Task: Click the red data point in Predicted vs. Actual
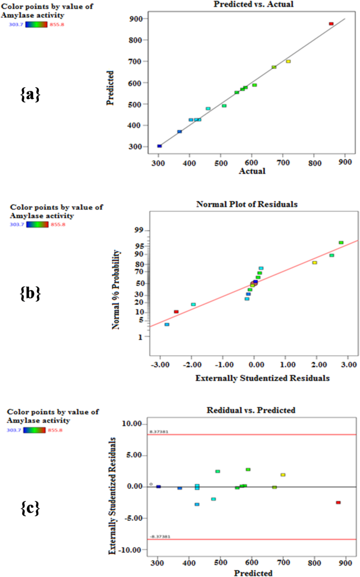pyautogui.click(x=331, y=24)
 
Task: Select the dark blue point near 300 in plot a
pyautogui.click(x=159, y=146)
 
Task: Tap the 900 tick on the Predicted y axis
pyautogui.click(x=135, y=19)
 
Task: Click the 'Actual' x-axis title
pyautogui.click(x=253, y=171)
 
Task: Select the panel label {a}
pyautogui.click(x=30, y=95)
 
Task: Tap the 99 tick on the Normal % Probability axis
pyautogui.click(x=139, y=230)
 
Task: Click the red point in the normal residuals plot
pyautogui.click(x=176, y=312)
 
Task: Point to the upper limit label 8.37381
pyautogui.click(x=158, y=431)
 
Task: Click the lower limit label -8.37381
pyautogui.click(x=159, y=536)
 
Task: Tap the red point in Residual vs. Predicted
pyautogui.click(x=338, y=502)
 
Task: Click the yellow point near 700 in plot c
pyautogui.click(x=283, y=475)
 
